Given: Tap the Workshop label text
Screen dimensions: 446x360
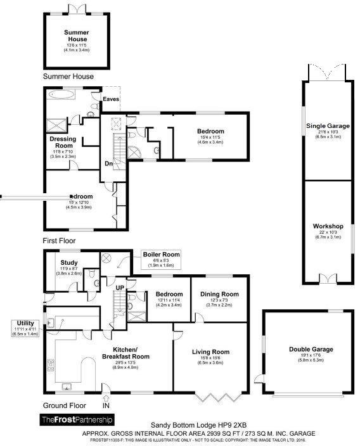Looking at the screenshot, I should coord(328,226).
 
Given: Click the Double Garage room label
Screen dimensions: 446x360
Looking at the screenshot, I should coord(311,349).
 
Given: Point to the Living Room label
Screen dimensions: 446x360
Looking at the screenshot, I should coord(212,352).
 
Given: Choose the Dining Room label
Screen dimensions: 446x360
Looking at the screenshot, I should coord(219,295).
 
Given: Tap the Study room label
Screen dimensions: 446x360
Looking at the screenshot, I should coord(68,262).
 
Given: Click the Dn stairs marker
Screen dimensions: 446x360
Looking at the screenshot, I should coord(109,162).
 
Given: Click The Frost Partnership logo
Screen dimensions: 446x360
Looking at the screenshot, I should coord(76,419).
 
